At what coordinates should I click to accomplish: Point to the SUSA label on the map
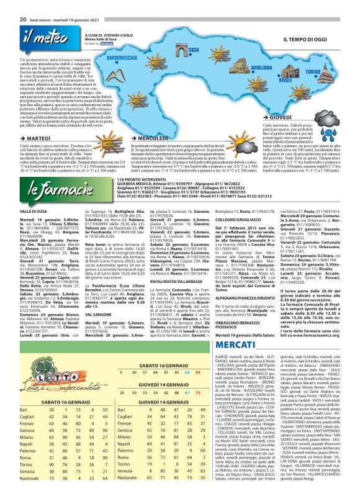click(192, 49)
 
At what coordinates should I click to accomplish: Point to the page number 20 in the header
click(22, 4)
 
